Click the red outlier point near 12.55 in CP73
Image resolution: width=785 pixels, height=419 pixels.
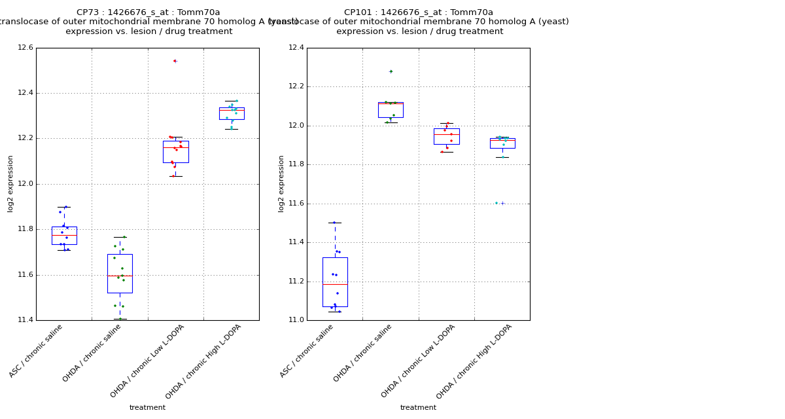[175, 61]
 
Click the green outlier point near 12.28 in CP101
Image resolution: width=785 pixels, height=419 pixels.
[391, 71]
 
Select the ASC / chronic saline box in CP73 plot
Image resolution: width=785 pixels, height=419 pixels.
[64, 236]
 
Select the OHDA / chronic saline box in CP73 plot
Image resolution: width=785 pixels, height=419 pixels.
[120, 273]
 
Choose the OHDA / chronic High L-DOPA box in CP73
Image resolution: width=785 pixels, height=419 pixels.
[232, 113]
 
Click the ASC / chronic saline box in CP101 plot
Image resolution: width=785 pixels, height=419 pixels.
[335, 282]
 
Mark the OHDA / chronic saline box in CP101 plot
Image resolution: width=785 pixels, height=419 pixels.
[391, 109]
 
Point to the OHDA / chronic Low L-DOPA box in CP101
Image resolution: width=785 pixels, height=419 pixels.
[446, 136]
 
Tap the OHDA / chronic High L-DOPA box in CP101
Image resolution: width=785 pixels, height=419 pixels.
[502, 143]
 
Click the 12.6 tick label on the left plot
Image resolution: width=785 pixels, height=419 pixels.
[25, 48]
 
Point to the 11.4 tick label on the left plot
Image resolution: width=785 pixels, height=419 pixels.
[25, 320]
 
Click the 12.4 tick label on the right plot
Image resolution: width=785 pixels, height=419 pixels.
[296, 48]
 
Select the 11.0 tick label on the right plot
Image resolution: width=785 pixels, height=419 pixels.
[296, 320]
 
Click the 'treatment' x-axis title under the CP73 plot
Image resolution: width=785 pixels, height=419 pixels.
[147, 408]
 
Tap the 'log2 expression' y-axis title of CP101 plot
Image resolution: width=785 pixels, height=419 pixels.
[282, 184]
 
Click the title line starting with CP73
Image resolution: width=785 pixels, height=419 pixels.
[148, 12]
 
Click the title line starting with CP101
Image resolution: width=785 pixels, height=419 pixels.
[419, 12]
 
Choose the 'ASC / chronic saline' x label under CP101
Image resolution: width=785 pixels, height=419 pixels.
[307, 352]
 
